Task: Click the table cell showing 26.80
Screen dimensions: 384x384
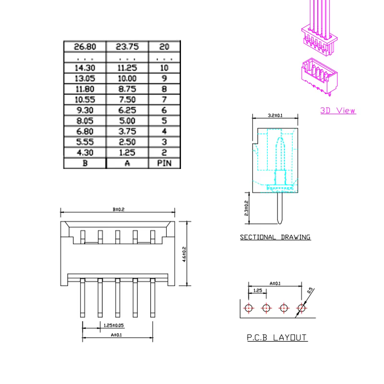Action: pyautogui.click(x=85, y=47)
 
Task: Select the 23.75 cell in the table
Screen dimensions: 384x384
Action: pyautogui.click(x=127, y=47)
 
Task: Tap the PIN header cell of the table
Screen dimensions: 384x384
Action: pyautogui.click(x=164, y=163)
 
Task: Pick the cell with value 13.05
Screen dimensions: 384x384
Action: pyautogui.click(x=85, y=78)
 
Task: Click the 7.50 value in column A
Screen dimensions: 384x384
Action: pyautogui.click(x=127, y=99)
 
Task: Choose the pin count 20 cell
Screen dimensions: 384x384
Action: pyautogui.click(x=164, y=47)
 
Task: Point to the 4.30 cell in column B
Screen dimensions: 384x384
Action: pyautogui.click(x=85, y=153)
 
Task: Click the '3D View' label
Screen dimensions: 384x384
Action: pyautogui.click(x=338, y=110)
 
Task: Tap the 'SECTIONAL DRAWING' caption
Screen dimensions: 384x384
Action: pyautogui.click(x=275, y=237)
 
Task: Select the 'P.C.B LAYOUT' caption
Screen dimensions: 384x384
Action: pyautogui.click(x=277, y=337)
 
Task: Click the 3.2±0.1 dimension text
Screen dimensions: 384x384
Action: pyautogui.click(x=275, y=115)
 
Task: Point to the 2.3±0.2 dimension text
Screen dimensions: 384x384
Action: pyautogui.click(x=246, y=208)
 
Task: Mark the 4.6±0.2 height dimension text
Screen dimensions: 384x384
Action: pyautogui.click(x=184, y=254)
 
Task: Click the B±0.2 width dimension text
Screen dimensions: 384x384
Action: pyautogui.click(x=119, y=209)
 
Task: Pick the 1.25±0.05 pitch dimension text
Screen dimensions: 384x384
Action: pyautogui.click(x=114, y=325)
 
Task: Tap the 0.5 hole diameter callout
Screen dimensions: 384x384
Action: pyautogui.click(x=310, y=290)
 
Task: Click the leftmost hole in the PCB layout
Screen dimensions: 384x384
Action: pyautogui.click(x=249, y=308)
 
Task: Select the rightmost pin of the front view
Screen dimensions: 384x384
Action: pyautogui.click(x=153, y=298)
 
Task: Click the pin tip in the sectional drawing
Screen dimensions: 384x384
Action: pyautogui.click(x=280, y=223)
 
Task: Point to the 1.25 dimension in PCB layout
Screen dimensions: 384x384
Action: pyautogui.click(x=258, y=290)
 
